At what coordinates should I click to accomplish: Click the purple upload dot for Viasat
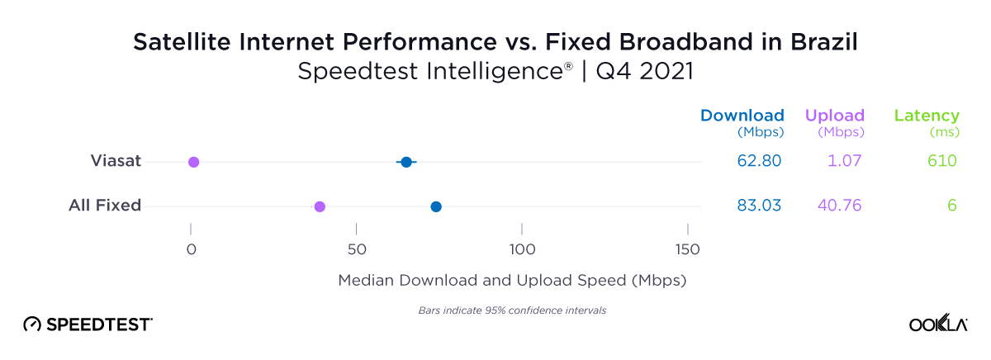coord(193,162)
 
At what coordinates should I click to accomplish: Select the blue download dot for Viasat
coord(406,162)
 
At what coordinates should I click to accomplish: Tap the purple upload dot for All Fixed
coord(320,206)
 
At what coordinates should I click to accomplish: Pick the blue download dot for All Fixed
coord(436,206)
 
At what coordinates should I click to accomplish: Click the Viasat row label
coord(116,161)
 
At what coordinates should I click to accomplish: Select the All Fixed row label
coord(105,206)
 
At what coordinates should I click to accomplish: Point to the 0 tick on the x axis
coord(191,249)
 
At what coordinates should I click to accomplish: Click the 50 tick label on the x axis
coord(356,249)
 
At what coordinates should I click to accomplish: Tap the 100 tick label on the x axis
coord(521,249)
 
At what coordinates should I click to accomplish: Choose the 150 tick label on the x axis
coord(687,249)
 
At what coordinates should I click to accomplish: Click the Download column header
coord(742,116)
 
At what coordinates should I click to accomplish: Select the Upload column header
coord(834,116)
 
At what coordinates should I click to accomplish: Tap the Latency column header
coord(927,116)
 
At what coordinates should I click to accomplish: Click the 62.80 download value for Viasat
coord(759,161)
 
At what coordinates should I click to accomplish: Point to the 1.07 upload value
coord(844,161)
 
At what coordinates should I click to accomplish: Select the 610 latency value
coord(941,161)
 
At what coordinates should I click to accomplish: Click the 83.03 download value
coord(759,206)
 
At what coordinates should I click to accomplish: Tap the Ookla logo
coord(938,324)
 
